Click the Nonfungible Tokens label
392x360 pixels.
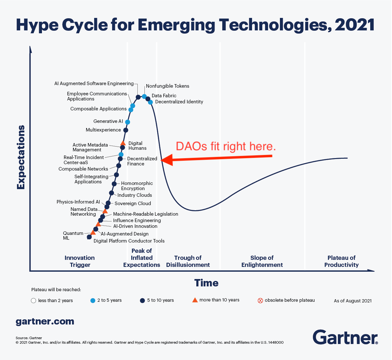click(x=167, y=86)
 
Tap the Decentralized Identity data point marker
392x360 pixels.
click(x=150, y=102)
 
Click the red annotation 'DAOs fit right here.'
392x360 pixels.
click(x=226, y=146)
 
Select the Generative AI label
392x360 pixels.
click(x=108, y=121)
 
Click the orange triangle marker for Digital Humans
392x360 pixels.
click(x=123, y=143)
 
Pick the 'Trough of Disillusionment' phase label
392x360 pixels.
click(x=188, y=261)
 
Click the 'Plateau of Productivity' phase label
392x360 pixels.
click(x=341, y=261)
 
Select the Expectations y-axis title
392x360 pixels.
click(x=21, y=157)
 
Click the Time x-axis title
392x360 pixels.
click(x=207, y=283)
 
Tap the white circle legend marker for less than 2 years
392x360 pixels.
click(x=33, y=300)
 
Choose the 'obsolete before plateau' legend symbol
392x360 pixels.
click(x=260, y=300)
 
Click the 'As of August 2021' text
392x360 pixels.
click(x=353, y=301)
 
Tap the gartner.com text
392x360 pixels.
click(x=45, y=321)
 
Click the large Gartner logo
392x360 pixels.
click(x=345, y=337)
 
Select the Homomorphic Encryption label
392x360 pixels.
click(x=137, y=186)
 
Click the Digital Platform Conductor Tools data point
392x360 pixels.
click(x=89, y=237)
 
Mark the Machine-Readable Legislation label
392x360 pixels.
click(x=145, y=214)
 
